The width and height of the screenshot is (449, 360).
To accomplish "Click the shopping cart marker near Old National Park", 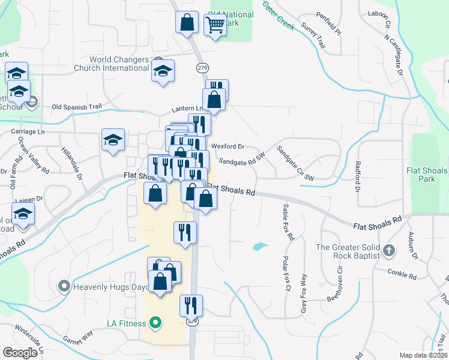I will pyautogui.click(x=214, y=25).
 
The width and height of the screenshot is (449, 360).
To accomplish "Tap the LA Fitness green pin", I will pyautogui.click(x=155, y=324).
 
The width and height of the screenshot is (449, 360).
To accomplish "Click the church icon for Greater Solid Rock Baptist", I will pyautogui.click(x=389, y=251).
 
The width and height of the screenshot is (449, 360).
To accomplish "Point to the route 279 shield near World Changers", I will pyautogui.click(x=202, y=68).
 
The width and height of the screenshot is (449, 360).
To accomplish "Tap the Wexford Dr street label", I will pyautogui.click(x=228, y=146).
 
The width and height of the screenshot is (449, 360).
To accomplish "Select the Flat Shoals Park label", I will pyautogui.click(x=427, y=175).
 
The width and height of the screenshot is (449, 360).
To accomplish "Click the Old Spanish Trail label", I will pyautogui.click(x=77, y=107).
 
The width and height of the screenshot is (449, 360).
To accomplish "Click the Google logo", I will pyautogui.click(x=20, y=352).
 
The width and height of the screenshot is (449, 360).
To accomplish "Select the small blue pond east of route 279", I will pyautogui.click(x=260, y=246).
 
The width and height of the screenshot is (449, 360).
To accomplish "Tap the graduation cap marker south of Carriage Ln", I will pyautogui.click(x=113, y=140).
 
